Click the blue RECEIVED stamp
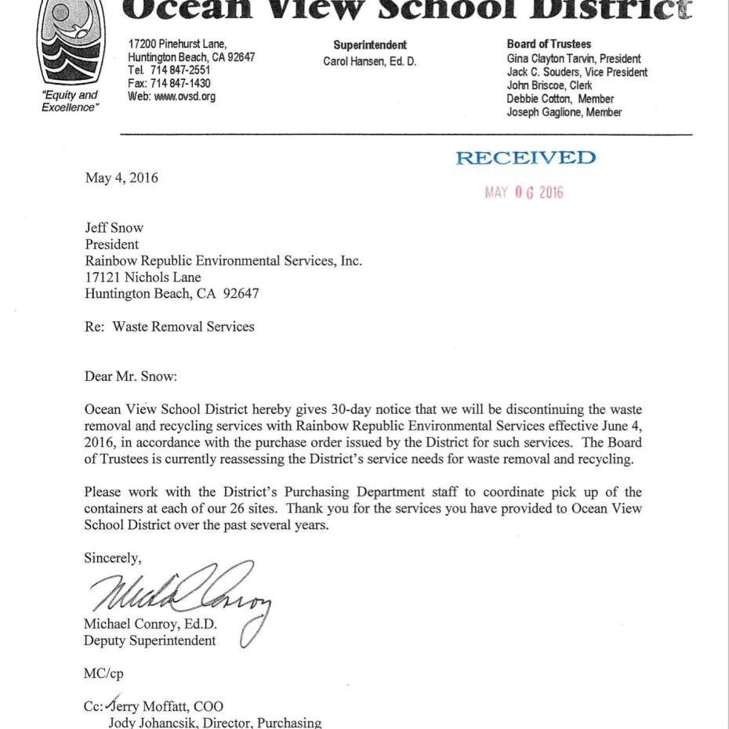(x=525, y=158)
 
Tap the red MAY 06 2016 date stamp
(x=524, y=193)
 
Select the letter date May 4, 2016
(x=121, y=178)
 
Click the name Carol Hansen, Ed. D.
(x=370, y=62)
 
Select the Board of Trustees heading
(x=549, y=45)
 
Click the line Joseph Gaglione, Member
(x=564, y=113)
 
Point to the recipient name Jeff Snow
(x=114, y=228)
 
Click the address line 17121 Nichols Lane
(x=143, y=277)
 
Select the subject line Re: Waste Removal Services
(x=169, y=327)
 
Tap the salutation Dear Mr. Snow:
(x=131, y=376)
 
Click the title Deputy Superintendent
(x=150, y=640)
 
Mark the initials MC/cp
(x=103, y=673)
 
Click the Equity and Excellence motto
(x=70, y=102)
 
